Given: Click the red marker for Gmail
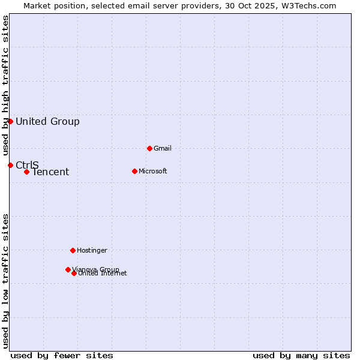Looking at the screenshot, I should coord(149,148).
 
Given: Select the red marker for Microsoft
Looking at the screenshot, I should coord(134,171).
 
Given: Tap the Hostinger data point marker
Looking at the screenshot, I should coord(73,250).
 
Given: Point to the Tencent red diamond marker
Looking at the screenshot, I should coord(26,172).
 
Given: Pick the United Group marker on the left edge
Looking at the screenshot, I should coord(10,121).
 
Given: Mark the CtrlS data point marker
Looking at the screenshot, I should coord(10,165).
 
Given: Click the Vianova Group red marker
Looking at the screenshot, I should coord(68,269).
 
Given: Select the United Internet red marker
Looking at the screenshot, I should coord(74,273).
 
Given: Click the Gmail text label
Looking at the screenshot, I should coord(163,148).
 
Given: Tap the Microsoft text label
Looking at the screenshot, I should coord(152,171).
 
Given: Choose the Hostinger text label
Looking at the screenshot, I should coord(92,250).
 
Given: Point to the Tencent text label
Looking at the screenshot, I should coord(50,172).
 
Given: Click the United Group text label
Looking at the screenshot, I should coord(47,122).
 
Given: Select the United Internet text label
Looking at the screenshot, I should coord(103,274).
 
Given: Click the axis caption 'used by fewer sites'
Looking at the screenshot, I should coord(62,355).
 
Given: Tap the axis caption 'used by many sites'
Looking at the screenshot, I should coord(301,355).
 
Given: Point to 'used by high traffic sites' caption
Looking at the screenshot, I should coord(6,85).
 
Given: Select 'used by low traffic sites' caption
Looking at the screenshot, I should coord(6,281).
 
